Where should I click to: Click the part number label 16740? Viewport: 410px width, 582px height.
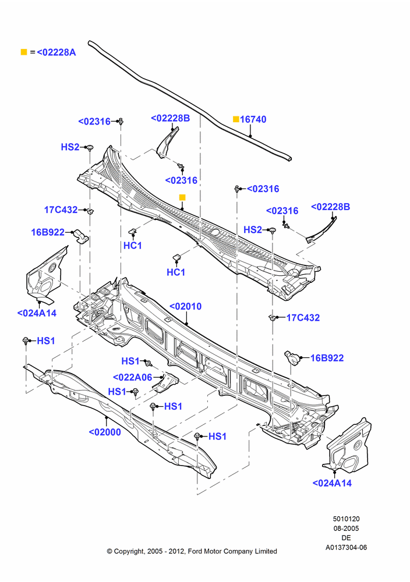pos(253,119)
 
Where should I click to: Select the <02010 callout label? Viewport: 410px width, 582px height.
pos(185,306)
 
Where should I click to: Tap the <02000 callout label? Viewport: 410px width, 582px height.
pos(105,432)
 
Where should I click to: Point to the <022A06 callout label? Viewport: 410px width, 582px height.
pos(132,378)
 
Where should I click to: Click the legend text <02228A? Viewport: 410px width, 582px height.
pos(56,52)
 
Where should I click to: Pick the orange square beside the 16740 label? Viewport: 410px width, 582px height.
pos(236,119)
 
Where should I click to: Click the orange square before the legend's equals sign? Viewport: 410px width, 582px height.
pos(24,52)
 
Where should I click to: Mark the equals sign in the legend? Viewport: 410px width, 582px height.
pos(33,52)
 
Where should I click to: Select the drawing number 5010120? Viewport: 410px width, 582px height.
pos(346,519)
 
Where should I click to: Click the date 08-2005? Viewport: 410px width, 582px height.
pos(346,528)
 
